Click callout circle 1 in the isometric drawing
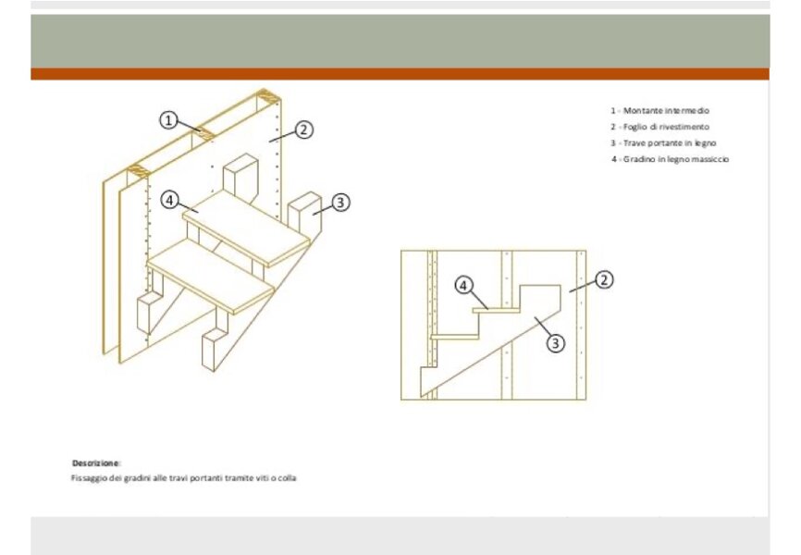168,120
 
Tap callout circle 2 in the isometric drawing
304,129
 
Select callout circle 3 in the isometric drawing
340,203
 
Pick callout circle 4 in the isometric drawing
169,200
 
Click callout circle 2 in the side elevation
604,280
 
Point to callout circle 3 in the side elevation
556,342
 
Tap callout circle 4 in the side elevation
463,285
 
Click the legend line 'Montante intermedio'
659,110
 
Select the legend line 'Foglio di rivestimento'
659,127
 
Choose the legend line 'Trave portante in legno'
663,143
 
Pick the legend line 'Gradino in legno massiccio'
670,159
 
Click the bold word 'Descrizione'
95,463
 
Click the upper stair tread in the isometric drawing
247,228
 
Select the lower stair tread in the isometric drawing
211,277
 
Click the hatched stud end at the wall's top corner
268,95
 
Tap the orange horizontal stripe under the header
400,74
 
